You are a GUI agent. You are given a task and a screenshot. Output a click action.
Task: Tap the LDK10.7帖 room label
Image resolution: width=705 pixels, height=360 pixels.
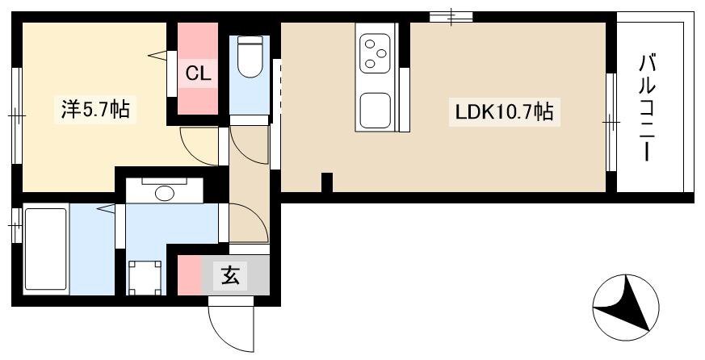point(504,112)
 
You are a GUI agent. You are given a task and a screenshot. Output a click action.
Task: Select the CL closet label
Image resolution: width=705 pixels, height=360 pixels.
point(198,73)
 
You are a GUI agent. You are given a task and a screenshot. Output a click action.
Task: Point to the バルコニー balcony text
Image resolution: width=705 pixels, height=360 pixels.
point(647,108)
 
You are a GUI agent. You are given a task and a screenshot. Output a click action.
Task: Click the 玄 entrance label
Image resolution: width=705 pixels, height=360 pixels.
point(230,275)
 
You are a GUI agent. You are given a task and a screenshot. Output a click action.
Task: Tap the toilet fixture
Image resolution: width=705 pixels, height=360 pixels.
point(250,57)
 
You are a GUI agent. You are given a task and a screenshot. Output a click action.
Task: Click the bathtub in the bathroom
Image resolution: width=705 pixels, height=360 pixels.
point(46,249)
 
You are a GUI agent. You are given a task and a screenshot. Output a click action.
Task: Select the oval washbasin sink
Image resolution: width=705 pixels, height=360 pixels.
point(164,194)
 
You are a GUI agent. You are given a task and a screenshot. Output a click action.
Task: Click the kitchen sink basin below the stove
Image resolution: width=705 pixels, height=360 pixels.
point(375,111)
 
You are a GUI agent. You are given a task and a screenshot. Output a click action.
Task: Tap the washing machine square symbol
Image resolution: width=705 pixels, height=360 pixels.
point(145,278)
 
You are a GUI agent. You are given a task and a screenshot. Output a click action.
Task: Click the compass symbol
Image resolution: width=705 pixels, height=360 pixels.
point(626,308)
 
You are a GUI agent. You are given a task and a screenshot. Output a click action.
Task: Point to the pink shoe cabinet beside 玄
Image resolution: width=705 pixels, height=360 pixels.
point(189,275)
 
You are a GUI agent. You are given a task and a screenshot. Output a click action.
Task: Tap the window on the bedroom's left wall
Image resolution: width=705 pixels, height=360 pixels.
point(17,115)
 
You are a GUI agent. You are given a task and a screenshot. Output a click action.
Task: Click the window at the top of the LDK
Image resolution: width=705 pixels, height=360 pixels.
point(451,17)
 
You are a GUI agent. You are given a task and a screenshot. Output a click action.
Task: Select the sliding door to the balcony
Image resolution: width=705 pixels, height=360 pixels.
point(611,122)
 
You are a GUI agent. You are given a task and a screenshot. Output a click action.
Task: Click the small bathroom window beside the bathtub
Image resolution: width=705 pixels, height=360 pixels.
point(17,224)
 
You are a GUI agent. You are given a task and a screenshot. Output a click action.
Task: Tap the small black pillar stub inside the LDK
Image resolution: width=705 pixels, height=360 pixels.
point(327,182)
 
